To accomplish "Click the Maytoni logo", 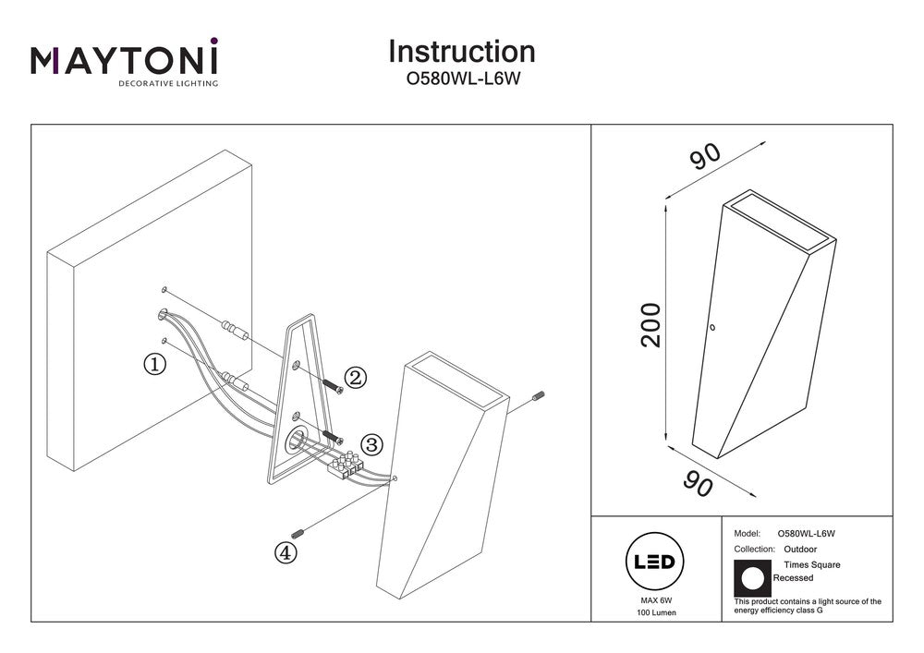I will (125, 63).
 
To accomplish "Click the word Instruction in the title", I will (461, 52).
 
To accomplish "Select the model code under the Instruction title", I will (460, 79).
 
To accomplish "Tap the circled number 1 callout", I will (154, 364).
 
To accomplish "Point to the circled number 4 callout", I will (286, 552).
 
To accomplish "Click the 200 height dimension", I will (651, 324).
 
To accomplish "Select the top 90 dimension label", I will (705, 158).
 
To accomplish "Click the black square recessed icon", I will (752, 577).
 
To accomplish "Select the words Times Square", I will (812, 564).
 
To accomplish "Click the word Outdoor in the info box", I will (799, 549).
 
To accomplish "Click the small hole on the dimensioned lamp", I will (712, 326).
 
